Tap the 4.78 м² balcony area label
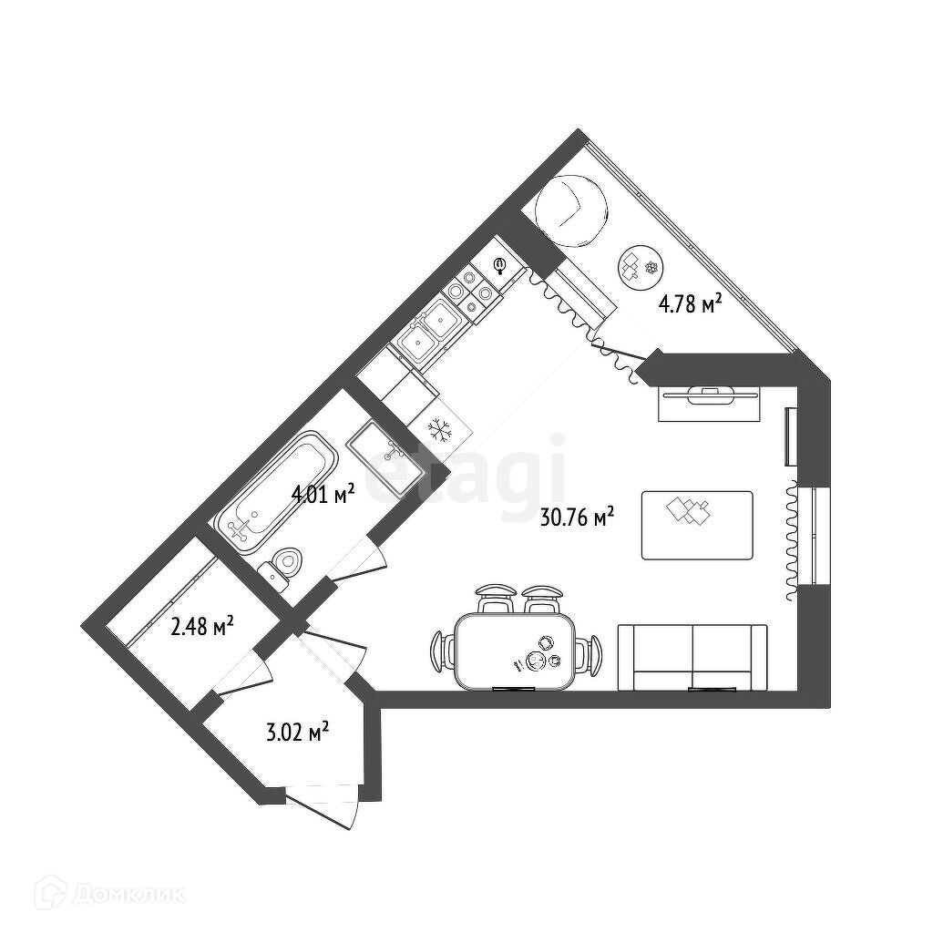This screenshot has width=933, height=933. [691, 304]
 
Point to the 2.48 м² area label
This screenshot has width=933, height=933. [202, 627]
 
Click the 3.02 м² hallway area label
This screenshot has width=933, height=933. [297, 732]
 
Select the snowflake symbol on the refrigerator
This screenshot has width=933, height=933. [440, 427]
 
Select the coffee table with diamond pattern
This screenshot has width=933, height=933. [697, 525]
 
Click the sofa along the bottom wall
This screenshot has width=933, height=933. [692, 657]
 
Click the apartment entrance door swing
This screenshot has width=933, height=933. [324, 806]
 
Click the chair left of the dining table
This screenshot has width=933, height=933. [442, 651]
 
